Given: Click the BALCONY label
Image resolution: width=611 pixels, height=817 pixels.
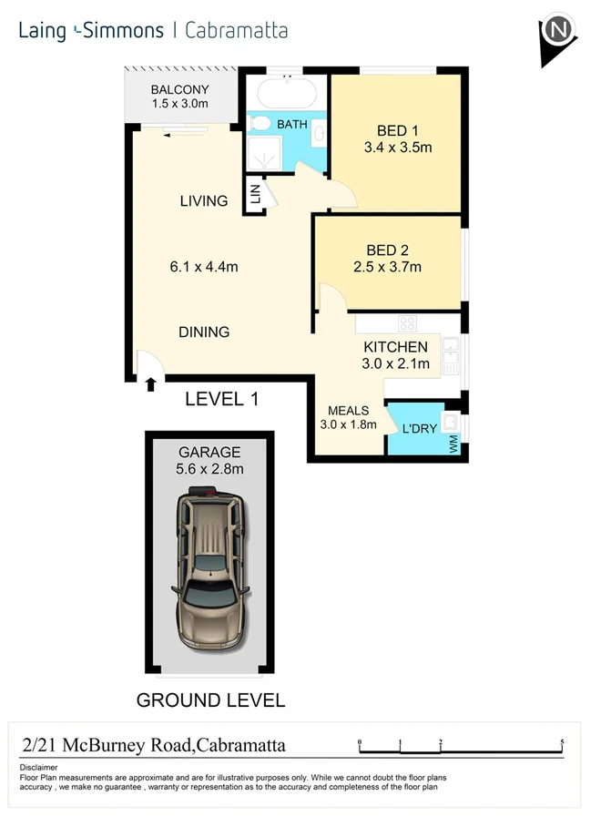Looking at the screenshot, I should pos(180,89).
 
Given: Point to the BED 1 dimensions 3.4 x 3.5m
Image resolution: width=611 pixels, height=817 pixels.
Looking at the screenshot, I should pos(397,147).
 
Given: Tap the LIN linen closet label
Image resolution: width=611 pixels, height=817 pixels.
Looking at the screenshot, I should pos(255,194).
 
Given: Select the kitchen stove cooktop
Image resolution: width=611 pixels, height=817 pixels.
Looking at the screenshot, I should pos(407,322).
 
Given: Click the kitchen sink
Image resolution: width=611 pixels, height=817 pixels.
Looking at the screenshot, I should pos(450,355).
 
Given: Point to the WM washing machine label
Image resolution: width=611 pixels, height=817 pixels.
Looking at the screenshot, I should pos(453,444).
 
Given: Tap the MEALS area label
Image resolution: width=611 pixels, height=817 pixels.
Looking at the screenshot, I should pos(348,411).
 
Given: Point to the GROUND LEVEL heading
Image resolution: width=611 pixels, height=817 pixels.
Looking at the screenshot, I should pos(210,700).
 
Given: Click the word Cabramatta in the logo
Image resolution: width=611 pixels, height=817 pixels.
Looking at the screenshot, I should pos(236,30).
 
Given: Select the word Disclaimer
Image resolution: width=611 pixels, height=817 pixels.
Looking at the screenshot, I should pos(38,769).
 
